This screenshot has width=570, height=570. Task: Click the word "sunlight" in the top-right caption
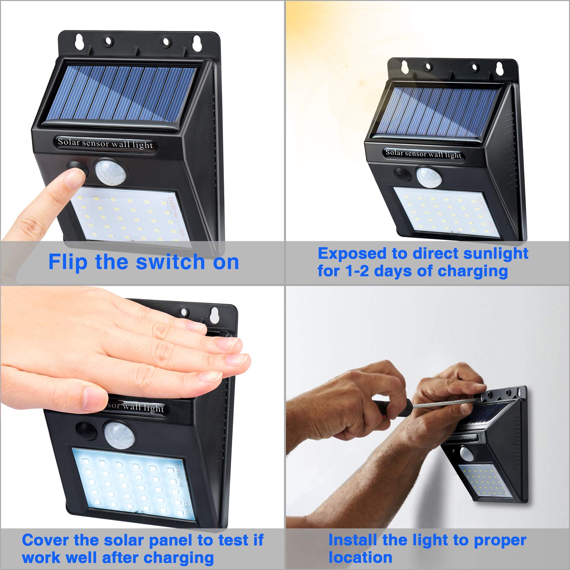point(496,253)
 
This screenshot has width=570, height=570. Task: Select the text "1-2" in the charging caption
point(356,271)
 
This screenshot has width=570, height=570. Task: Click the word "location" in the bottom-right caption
point(360,557)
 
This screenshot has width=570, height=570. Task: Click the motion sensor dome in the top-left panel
point(110,171)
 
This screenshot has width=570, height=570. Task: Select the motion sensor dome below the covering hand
point(119,433)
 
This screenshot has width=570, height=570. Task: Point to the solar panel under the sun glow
point(437,112)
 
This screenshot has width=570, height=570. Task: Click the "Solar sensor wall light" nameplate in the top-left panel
point(105,144)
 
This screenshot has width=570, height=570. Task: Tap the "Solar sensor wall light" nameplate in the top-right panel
point(423,154)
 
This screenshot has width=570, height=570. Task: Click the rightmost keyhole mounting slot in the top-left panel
point(197,43)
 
